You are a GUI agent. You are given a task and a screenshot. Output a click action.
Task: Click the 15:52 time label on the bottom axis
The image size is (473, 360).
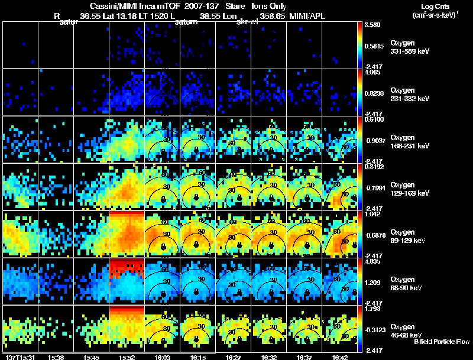[x=127, y=357]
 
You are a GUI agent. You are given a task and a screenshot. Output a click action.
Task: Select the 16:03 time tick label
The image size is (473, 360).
[x=162, y=357]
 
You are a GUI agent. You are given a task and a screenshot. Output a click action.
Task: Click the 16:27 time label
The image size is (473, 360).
[x=234, y=357]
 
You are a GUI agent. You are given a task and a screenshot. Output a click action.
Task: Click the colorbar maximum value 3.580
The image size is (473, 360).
[x=372, y=25]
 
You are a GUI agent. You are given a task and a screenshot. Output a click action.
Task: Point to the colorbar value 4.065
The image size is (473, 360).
[x=372, y=73]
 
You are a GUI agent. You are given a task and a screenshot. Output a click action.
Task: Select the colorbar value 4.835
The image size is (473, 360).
[x=372, y=261]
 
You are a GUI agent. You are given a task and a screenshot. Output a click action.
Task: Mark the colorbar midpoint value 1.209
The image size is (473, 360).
[x=372, y=283]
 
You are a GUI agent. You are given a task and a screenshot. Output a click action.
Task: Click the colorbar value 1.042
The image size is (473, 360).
[x=372, y=214]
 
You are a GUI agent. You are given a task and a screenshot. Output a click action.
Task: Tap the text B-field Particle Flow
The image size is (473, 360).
[x=442, y=342]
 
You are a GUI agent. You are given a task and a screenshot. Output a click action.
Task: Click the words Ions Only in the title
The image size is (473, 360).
[x=263, y=6]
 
